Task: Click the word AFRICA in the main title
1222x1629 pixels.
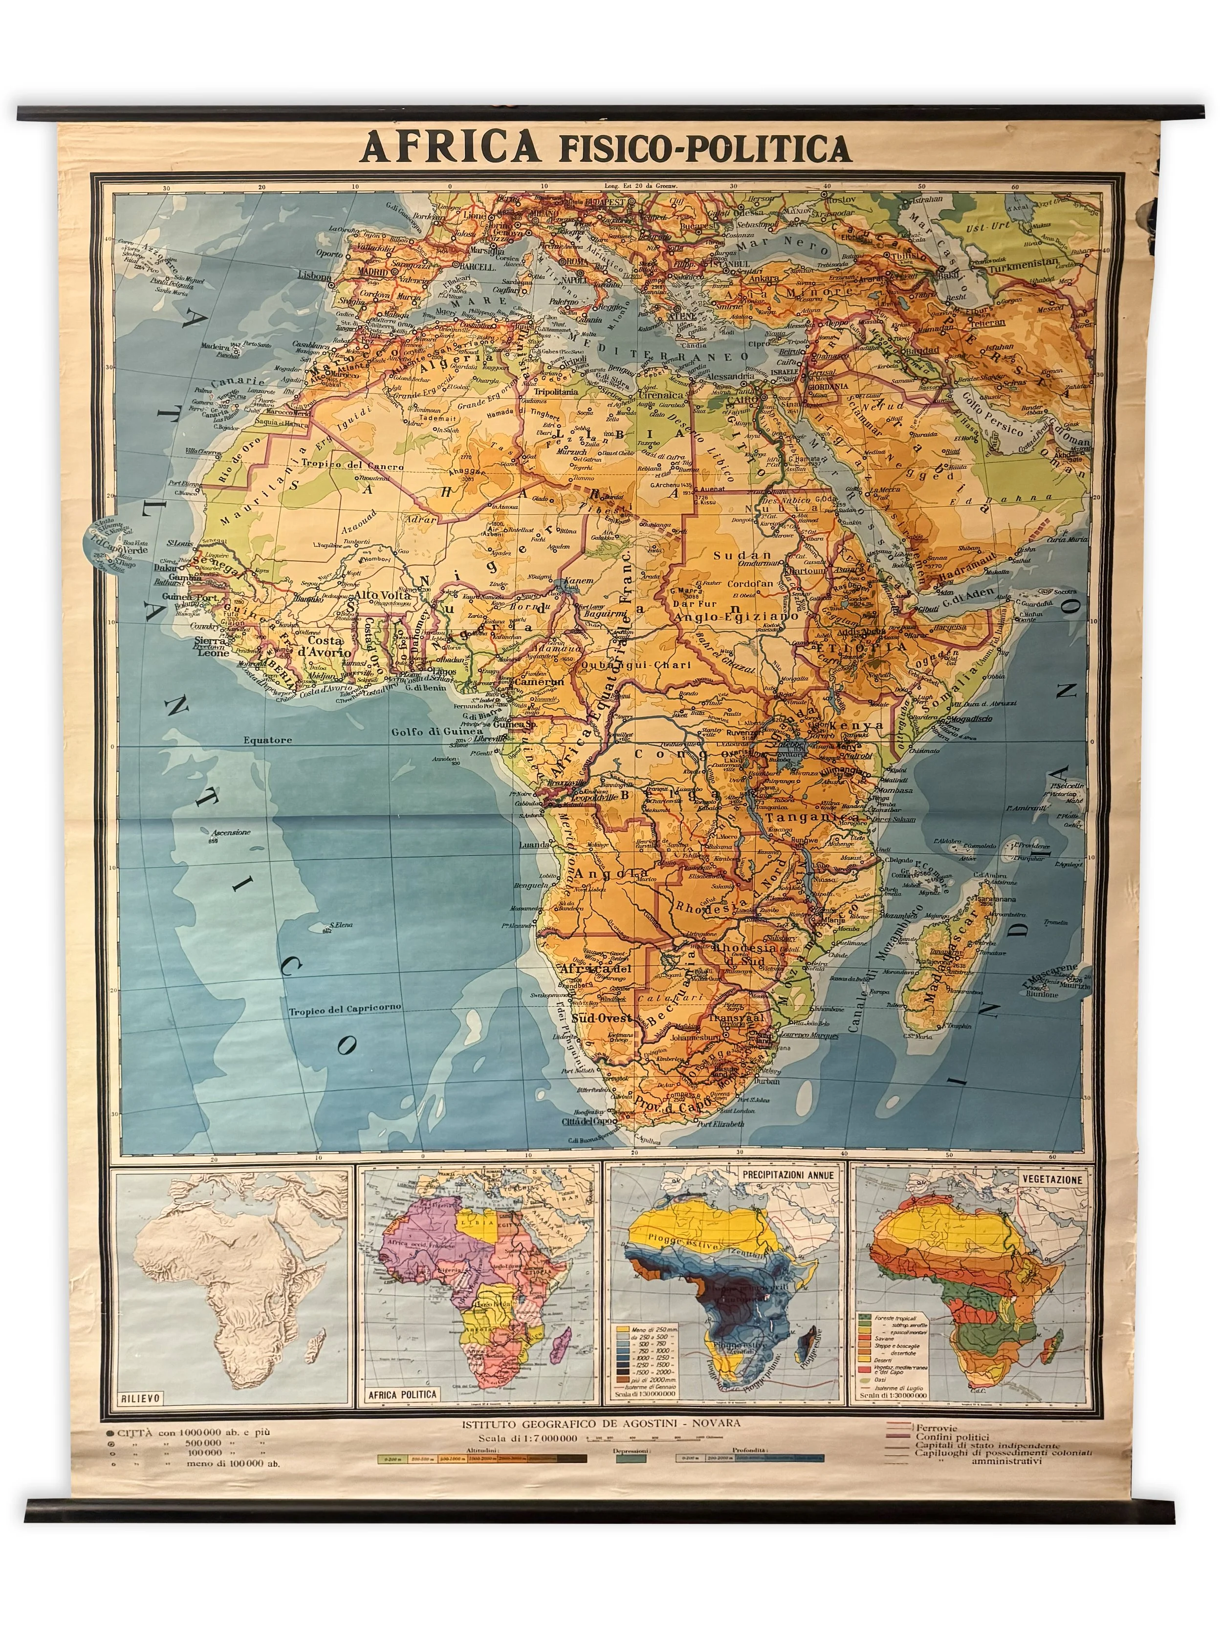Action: tap(450, 147)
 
